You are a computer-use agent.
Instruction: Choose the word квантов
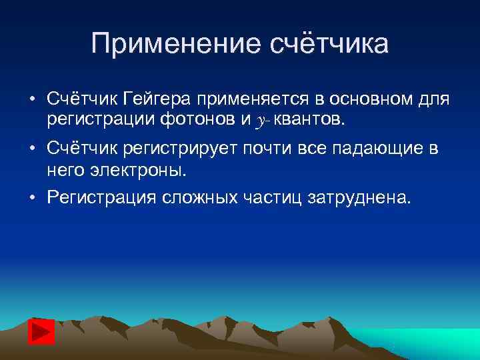(x=305, y=119)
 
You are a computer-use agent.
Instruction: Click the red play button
(x=41, y=331)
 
